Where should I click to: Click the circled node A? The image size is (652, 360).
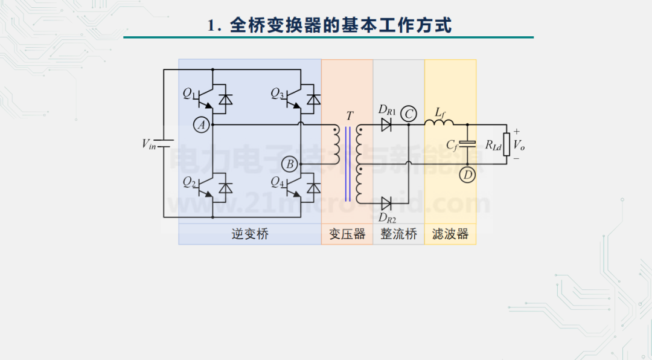coord(202,125)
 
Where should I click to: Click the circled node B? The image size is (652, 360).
coord(290,164)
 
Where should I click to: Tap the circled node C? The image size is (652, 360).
coord(409,113)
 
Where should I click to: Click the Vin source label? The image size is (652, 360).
coord(149,144)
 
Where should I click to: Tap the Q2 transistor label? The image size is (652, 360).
coord(190,182)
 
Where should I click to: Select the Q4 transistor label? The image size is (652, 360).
coord(277,182)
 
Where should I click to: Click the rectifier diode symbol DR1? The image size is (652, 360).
coord(386,125)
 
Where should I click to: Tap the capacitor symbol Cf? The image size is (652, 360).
coord(468,144)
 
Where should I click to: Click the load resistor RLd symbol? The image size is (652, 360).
coord(507,145)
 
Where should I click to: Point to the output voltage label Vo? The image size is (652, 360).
coord(519,144)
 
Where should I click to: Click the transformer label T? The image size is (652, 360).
coord(350,115)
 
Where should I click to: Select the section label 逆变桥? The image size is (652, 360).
coord(249,234)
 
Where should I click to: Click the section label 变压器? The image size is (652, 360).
coord(347,234)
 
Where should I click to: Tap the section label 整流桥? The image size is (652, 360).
coord(398,234)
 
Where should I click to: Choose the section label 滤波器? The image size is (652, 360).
coord(450,234)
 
